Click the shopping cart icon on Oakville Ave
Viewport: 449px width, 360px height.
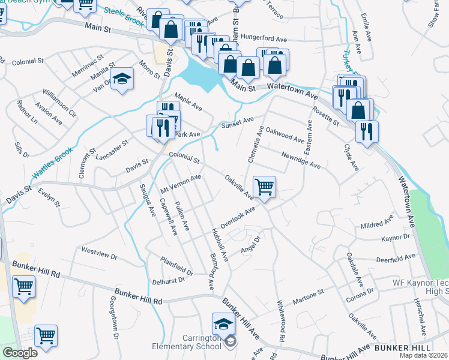264,187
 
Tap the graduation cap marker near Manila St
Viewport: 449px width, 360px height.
122,79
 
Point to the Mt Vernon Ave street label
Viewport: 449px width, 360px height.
181,185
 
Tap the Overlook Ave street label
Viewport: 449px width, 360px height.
238,217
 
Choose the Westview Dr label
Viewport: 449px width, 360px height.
99,253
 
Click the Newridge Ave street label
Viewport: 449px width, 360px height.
301,159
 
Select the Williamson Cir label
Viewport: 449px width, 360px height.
59,103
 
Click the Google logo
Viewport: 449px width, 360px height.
20,353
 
